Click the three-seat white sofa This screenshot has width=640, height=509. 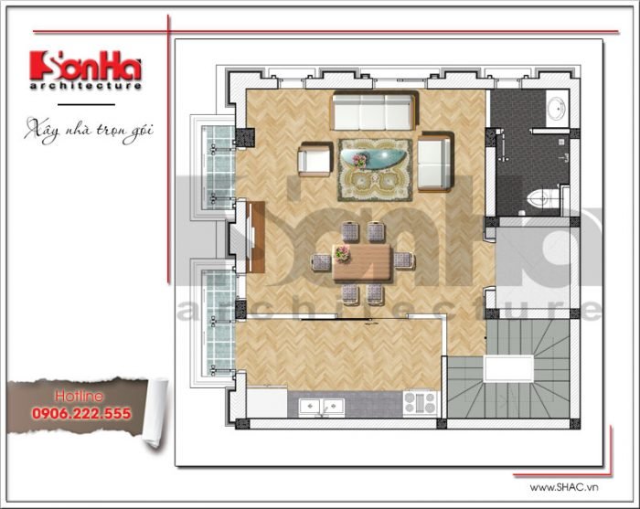click(375, 111)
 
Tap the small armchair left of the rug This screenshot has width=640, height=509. click(315, 159)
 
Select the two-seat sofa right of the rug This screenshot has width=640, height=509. click(435, 162)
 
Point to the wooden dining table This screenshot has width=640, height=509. click(362, 262)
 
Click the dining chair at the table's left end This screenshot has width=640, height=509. click(321, 262)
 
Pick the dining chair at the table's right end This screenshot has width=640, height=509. click(404, 260)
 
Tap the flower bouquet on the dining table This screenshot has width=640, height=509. click(342, 253)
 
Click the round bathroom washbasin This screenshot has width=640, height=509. click(556, 108)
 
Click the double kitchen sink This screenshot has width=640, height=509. click(321, 407)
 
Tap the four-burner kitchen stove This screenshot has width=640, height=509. click(420, 403)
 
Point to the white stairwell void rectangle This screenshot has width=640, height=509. click(508, 368)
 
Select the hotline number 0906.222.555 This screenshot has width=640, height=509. click(81, 414)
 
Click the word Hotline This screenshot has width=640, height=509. click(80, 396)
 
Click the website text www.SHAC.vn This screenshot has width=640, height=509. click(564, 487)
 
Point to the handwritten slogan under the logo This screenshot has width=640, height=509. click(89, 130)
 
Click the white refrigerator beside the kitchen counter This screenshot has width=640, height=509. click(267, 403)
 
